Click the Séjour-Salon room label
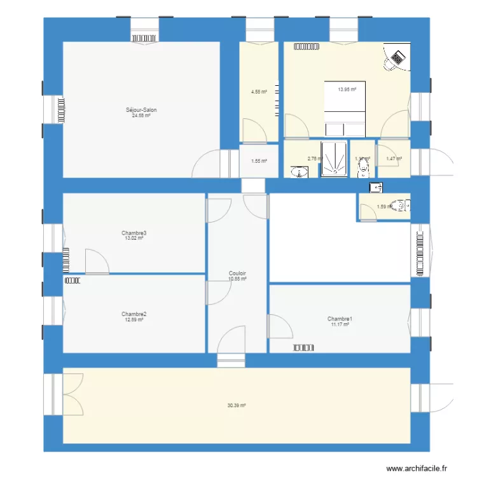(141, 110)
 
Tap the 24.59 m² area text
(141, 115)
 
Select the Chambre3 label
(134, 233)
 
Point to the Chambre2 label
(134, 314)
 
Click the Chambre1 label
(340, 319)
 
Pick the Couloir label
(237, 273)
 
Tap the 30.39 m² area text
(237, 405)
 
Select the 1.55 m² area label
(258, 161)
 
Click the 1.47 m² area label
(394, 158)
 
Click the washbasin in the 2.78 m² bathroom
(299, 172)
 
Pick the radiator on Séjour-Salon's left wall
(61, 110)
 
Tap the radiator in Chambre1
(305, 347)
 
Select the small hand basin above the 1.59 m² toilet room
(377, 187)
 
